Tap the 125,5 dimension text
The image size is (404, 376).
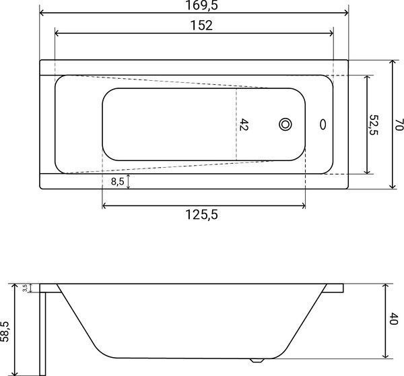point(202,215)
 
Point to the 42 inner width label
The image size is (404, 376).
point(244,125)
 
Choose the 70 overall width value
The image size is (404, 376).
point(399,124)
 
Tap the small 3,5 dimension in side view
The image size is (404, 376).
point(25,288)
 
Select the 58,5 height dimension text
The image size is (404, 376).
point(6,332)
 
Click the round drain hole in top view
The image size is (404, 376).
point(286,125)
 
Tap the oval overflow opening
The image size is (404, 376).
point(323,125)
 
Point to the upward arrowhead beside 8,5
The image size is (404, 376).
point(128,177)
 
